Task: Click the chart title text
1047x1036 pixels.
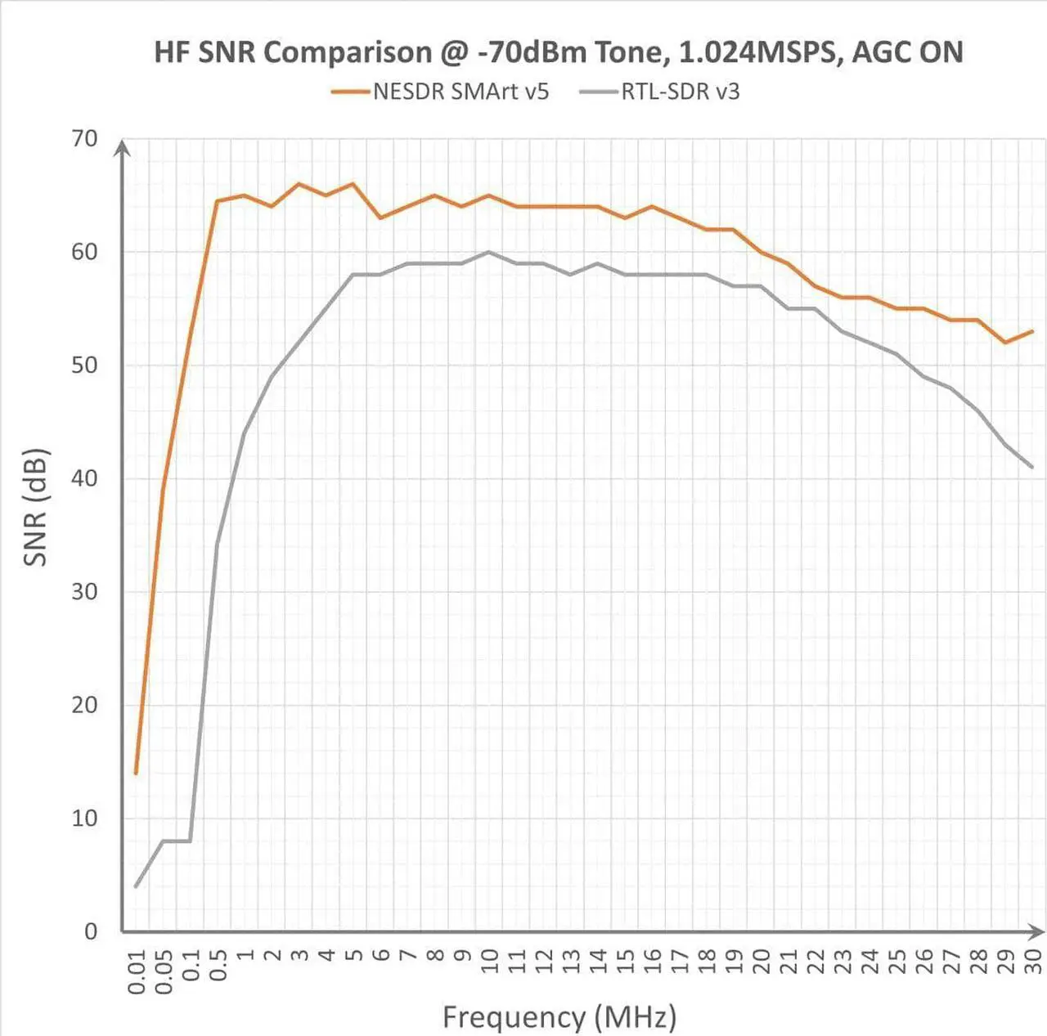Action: click(558, 52)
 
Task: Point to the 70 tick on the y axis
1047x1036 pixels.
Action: click(84, 139)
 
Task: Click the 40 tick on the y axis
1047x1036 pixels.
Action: click(84, 478)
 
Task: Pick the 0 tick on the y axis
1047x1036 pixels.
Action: click(90, 931)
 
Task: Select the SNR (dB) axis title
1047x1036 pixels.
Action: click(36, 507)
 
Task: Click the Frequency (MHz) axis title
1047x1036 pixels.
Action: click(559, 1017)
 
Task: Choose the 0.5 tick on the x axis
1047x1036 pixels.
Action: click(218, 965)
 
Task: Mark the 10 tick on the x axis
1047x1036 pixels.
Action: click(489, 961)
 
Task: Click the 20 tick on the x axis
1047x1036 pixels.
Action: click(761, 961)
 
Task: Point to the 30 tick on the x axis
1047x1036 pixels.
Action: click(1032, 961)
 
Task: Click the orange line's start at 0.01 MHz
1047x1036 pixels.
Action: click(136, 773)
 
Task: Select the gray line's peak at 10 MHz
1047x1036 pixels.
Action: click(489, 252)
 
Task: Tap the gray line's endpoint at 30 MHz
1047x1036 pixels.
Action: click(1032, 467)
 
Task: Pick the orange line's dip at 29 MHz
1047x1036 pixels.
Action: click(1005, 342)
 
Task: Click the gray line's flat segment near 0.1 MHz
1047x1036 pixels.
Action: click(177, 841)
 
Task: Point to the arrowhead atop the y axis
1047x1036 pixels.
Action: click(122, 147)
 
